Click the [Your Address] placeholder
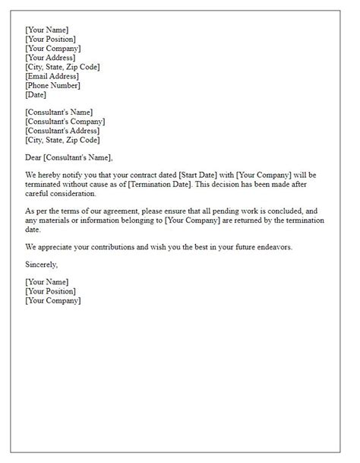point(50,58)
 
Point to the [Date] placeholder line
point(36,95)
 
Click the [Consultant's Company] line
point(65,122)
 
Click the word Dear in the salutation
point(33,157)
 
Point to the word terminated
point(46,185)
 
